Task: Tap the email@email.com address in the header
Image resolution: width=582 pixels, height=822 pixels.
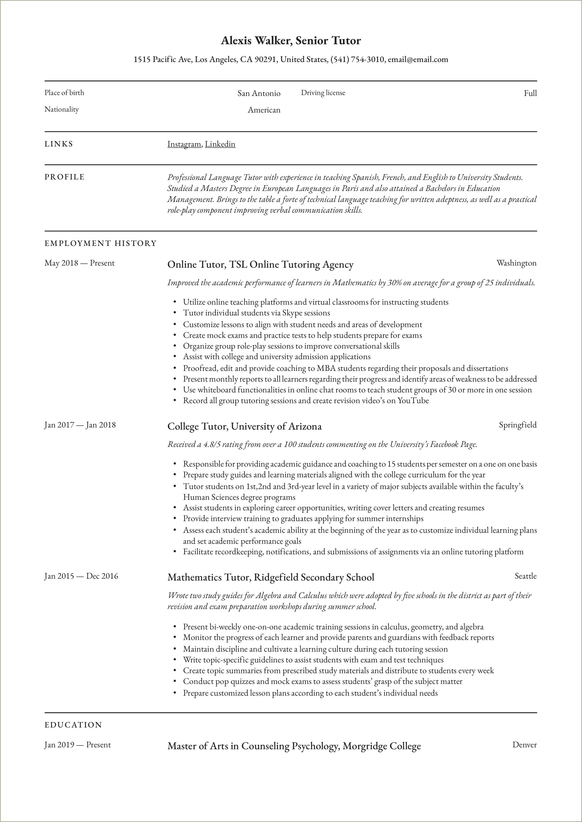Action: click(x=418, y=59)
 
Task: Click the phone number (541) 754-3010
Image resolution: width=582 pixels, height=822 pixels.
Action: click(x=357, y=59)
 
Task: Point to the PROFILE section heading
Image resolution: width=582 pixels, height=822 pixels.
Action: click(x=65, y=177)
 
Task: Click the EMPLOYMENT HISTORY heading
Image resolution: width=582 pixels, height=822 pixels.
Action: click(x=101, y=244)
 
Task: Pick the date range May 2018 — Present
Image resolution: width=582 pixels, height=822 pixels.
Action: click(x=80, y=263)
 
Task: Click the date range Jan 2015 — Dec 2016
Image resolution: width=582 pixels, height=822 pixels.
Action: click(x=81, y=576)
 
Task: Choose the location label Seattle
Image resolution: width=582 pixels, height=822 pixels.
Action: click(x=525, y=576)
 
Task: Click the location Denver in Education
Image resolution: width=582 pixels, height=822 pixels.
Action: click(x=524, y=745)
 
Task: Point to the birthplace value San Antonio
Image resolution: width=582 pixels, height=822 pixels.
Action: click(x=259, y=94)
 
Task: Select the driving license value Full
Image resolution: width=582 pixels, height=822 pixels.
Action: click(x=530, y=94)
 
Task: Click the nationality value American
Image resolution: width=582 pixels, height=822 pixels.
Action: click(x=264, y=110)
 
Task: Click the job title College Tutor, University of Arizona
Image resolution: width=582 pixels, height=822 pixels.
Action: click(x=244, y=426)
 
